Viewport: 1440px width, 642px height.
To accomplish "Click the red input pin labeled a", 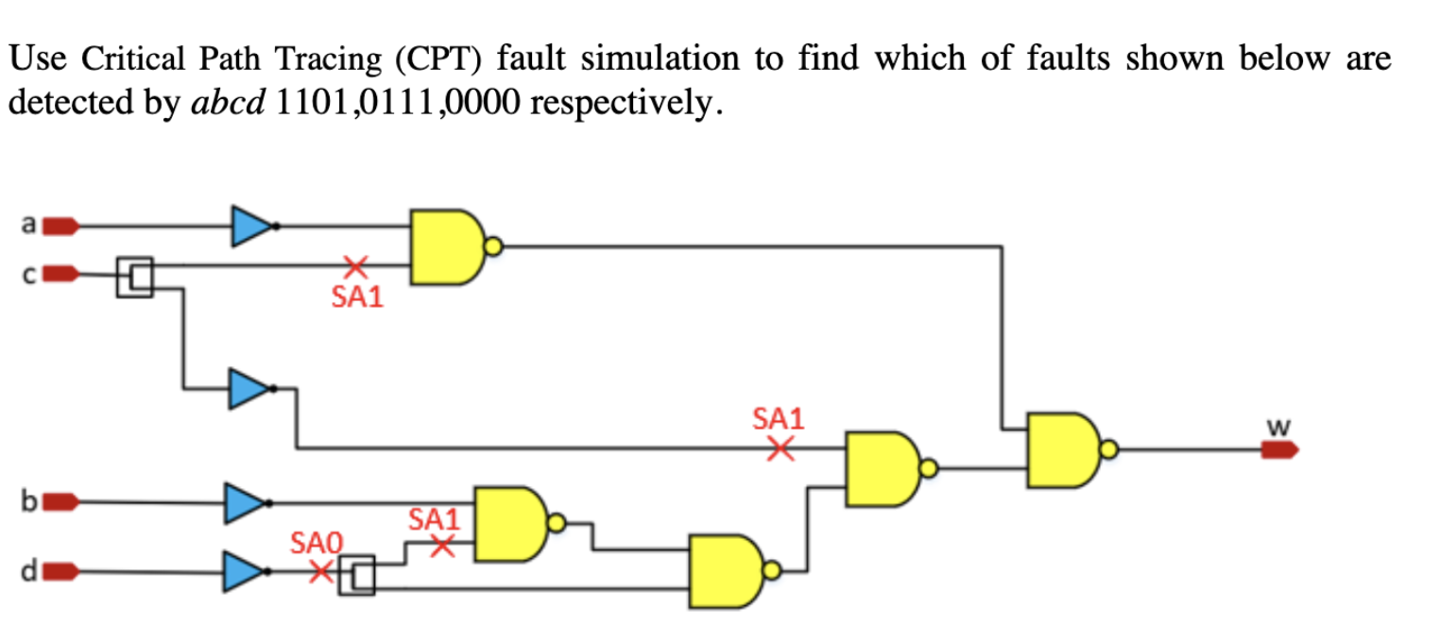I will (x=61, y=226).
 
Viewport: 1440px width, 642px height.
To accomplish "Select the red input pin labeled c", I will (x=61, y=274).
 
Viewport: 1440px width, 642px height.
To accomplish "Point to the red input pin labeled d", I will (x=61, y=571).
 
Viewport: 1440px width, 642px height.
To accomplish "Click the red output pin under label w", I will (x=1279, y=450).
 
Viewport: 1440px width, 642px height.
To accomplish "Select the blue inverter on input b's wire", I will (x=244, y=502).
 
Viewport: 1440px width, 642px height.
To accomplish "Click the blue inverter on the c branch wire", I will (x=249, y=388).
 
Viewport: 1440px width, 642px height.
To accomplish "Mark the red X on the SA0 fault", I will (x=321, y=570).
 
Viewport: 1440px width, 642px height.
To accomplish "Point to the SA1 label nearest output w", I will (x=777, y=418).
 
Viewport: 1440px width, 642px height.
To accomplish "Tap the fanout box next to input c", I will (x=134, y=276).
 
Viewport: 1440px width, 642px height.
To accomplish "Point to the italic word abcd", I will (x=227, y=103).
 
